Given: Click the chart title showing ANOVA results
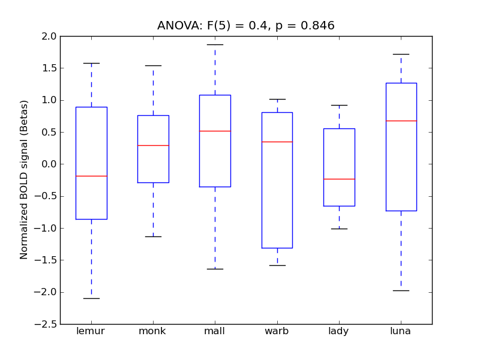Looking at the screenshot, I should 246,26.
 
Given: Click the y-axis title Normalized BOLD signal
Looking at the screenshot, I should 24,180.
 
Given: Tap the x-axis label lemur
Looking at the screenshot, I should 91,331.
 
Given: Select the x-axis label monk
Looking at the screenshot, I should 153,331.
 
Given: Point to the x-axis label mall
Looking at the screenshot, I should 215,331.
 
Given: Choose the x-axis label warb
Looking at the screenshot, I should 277,331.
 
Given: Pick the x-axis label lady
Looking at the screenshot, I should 339,332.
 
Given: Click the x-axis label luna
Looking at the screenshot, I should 401,331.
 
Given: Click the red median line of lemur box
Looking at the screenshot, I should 91,176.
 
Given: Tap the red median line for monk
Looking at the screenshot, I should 153,145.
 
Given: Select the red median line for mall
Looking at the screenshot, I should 215,131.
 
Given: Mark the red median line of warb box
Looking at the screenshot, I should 277,142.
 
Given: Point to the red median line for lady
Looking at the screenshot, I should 339,179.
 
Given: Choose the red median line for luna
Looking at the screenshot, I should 401,121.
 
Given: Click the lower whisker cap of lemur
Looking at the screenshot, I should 91,298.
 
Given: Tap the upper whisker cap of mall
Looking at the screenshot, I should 215,44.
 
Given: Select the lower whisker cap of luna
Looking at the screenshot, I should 401,290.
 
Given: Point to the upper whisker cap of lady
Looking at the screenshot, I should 339,105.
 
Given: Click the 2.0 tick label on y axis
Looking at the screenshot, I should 50,36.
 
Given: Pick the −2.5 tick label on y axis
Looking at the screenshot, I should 47,324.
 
